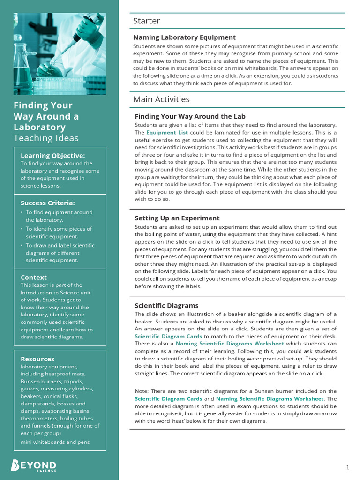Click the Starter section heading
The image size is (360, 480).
click(146, 21)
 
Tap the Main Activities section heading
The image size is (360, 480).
click(161, 99)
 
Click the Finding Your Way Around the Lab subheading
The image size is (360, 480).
click(190, 116)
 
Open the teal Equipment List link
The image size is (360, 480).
click(167, 133)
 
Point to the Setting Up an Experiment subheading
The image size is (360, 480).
click(177, 218)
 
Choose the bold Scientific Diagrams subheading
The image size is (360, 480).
click(166, 306)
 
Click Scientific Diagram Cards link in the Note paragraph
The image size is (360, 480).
click(168, 399)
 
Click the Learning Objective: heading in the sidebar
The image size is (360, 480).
click(52, 156)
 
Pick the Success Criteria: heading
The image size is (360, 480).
click(47, 203)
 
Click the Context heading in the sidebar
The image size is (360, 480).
click(34, 277)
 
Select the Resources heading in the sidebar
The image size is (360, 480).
click(37, 359)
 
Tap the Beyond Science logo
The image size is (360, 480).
click(34, 465)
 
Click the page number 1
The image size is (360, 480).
click(348, 467)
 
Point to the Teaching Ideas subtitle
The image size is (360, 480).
click(46, 138)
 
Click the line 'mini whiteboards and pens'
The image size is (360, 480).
click(55, 442)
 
